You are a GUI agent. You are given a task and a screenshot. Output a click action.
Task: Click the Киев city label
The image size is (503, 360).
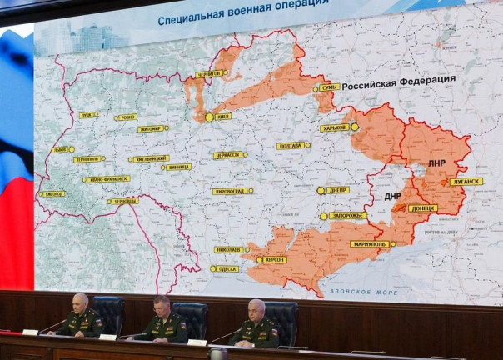222,117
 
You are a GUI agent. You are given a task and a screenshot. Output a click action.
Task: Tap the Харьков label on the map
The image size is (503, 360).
334,128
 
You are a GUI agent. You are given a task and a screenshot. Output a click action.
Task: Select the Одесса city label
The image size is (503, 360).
225,268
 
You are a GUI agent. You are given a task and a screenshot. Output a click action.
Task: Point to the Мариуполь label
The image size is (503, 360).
368,244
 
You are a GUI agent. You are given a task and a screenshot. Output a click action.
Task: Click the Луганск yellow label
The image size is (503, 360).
466,182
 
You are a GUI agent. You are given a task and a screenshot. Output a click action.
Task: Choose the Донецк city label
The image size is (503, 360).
422,208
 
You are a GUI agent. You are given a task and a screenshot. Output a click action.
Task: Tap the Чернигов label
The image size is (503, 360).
211,74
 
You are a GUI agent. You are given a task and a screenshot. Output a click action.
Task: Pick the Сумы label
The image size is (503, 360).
330,87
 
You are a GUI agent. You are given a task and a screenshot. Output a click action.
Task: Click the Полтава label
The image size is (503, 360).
291,146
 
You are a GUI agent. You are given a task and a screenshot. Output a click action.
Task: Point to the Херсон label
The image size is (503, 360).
274,260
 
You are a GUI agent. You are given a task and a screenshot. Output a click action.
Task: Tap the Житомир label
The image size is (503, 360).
151,129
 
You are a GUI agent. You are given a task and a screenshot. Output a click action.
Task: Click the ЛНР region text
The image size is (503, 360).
437,163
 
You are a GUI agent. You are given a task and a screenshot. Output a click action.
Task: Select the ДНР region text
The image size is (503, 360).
392,197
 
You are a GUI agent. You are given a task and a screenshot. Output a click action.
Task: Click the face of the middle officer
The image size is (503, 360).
162,307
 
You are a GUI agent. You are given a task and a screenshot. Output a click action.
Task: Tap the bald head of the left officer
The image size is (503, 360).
82,299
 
